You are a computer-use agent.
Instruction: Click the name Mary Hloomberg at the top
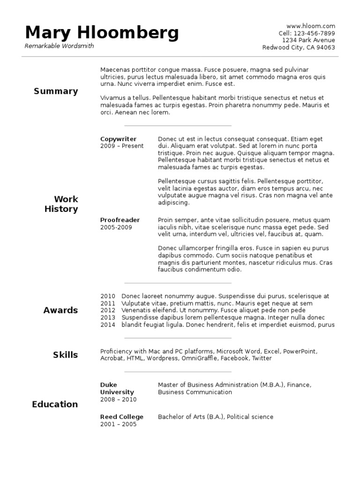(x=102, y=32)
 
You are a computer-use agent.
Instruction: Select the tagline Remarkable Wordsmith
(x=59, y=46)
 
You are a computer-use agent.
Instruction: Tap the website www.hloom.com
(x=310, y=26)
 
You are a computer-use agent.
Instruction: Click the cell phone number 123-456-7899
(x=314, y=33)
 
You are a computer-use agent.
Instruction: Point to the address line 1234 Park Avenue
(x=308, y=40)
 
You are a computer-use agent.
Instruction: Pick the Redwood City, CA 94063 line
(x=299, y=47)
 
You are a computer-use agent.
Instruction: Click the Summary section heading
(x=56, y=91)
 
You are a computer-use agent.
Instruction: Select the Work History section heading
(x=61, y=204)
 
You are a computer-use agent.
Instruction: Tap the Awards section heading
(x=60, y=310)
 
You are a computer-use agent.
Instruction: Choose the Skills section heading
(x=65, y=355)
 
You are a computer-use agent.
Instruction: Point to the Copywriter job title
(x=118, y=139)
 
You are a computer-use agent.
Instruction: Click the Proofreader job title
(x=120, y=220)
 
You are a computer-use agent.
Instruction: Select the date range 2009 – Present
(x=122, y=146)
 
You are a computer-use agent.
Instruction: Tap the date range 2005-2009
(x=116, y=227)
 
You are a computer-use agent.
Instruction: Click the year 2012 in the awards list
(x=108, y=310)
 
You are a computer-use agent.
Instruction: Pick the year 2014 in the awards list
(x=108, y=325)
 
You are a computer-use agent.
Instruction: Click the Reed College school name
(x=122, y=417)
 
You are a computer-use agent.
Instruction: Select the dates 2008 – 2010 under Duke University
(x=118, y=399)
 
